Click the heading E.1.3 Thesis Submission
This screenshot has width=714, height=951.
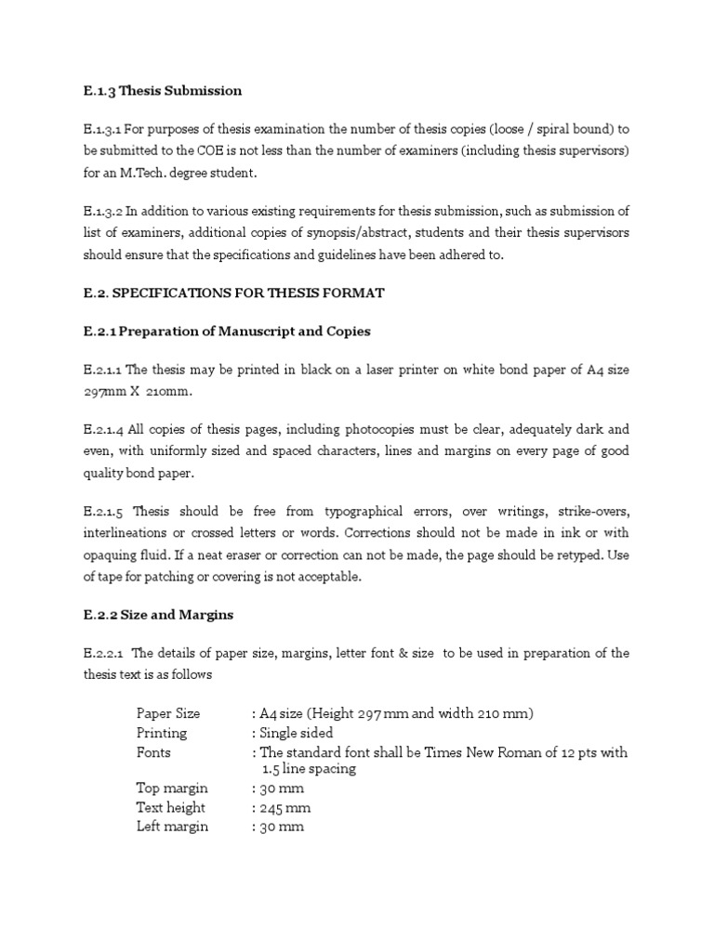point(163,91)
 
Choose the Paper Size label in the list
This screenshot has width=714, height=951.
point(168,713)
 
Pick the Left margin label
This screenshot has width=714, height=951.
point(172,827)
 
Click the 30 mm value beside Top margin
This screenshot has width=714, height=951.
point(279,788)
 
